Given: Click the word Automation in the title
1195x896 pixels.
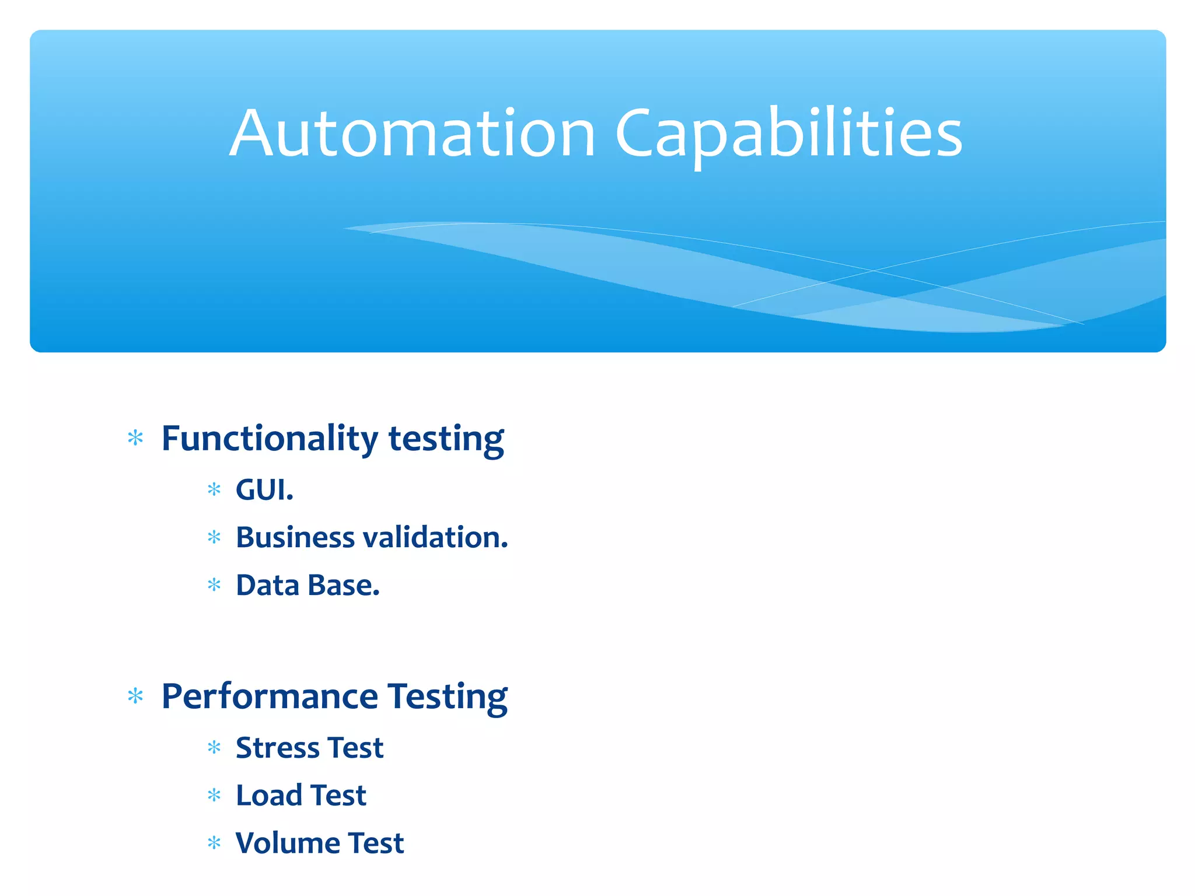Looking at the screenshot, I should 412,134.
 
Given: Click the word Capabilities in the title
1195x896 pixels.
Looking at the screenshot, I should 788,135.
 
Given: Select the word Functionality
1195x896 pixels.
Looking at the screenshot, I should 270,439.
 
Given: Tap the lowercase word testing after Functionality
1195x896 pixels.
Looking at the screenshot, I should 446,440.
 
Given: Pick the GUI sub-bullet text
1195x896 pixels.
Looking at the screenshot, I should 264,489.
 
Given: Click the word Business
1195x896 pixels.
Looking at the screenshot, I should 295,537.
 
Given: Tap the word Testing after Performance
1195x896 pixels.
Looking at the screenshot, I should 448,698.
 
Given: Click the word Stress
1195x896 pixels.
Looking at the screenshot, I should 277,748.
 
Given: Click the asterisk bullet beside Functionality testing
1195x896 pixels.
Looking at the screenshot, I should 135,438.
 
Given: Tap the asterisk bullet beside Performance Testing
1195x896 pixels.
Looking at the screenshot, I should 135,696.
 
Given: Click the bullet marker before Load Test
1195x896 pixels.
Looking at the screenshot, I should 214,795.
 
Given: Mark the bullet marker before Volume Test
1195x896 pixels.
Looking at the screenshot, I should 214,843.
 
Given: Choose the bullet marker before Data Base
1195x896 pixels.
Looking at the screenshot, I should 214,584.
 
